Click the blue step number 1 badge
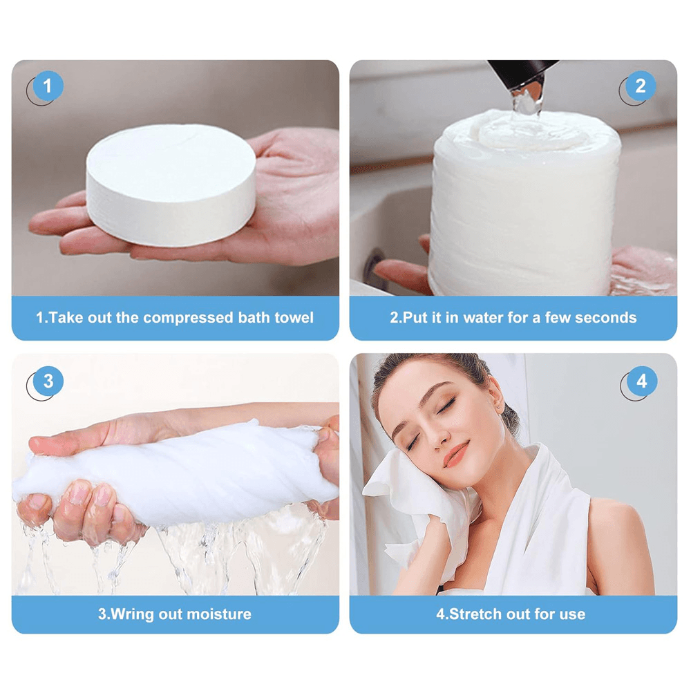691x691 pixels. point(48,87)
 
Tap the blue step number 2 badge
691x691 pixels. point(640,87)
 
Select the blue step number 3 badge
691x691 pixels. point(48,381)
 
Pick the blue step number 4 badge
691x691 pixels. point(641,381)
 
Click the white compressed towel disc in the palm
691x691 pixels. point(171,183)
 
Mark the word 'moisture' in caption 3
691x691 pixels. point(220,614)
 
